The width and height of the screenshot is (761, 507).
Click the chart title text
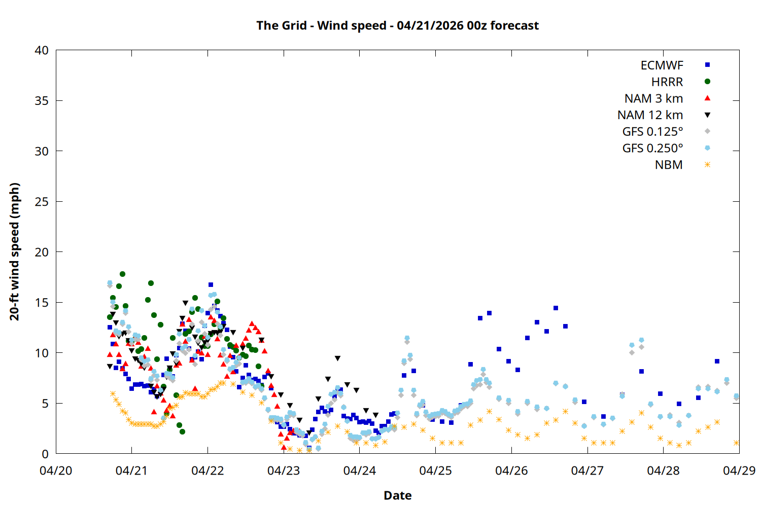click(x=397, y=25)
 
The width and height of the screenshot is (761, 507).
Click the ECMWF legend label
click(x=662, y=65)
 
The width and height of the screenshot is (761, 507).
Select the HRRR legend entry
click(x=667, y=82)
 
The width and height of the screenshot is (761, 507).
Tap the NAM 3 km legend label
click(x=653, y=98)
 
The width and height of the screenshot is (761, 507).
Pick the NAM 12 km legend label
click(x=650, y=115)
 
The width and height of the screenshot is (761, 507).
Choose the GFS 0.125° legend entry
click(x=652, y=132)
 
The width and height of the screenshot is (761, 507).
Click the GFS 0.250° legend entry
click(x=652, y=149)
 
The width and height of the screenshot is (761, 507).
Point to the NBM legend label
click(x=669, y=165)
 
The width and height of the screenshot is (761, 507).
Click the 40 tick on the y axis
click(x=42, y=50)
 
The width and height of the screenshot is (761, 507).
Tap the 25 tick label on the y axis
click(x=42, y=202)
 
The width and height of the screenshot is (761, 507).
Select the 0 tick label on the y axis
click(x=45, y=454)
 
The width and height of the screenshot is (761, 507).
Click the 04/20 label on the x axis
click(x=56, y=470)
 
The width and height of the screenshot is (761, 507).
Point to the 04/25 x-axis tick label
click(x=435, y=470)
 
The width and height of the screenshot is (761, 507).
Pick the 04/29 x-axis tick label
click(x=739, y=470)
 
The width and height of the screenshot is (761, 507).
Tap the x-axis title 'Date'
click(x=397, y=495)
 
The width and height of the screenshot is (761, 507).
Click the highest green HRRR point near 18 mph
click(x=122, y=274)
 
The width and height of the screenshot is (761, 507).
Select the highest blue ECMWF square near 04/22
click(x=211, y=285)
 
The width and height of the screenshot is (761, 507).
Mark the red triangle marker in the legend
click(x=707, y=98)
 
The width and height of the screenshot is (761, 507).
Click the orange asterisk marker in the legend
click(x=707, y=165)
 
